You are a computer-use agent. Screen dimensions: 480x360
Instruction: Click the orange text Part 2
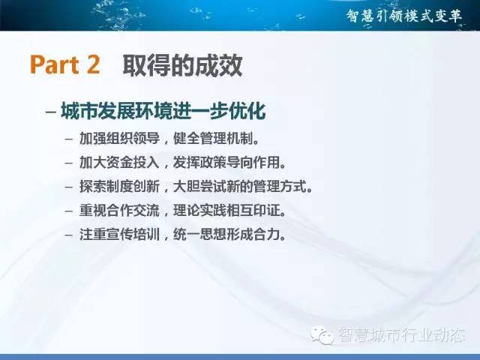point(65,64)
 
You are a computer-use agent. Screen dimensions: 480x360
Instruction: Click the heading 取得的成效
point(183,65)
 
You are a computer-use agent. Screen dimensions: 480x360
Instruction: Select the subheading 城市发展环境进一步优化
point(163,110)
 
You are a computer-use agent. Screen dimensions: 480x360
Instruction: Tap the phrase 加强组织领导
point(120,138)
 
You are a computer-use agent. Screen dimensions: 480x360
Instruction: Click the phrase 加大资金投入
point(120,162)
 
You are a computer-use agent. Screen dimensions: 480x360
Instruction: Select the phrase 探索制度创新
point(120,187)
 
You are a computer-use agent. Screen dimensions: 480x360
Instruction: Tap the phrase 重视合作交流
point(120,211)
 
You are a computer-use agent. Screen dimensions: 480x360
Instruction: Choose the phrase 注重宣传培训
point(120,235)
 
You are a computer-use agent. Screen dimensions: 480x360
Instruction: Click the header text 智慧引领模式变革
point(404,16)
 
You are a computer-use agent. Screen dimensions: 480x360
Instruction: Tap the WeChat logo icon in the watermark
point(322,335)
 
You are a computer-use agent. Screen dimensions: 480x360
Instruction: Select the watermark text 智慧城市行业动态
point(402,335)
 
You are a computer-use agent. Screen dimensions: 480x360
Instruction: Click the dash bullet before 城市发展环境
point(51,112)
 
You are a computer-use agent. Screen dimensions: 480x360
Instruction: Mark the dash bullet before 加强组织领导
point(69,139)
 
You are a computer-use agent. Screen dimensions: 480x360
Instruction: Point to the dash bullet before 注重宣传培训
point(69,235)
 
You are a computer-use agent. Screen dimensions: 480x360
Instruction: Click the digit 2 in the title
point(93,64)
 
